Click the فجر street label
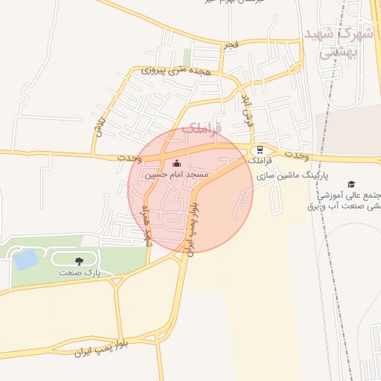(x=231, y=45)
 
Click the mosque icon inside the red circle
(x=176, y=164)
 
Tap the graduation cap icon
(x=351, y=184)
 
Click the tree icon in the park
(x=79, y=260)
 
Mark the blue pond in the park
(x=25, y=260)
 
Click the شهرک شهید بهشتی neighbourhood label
(x=339, y=42)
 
